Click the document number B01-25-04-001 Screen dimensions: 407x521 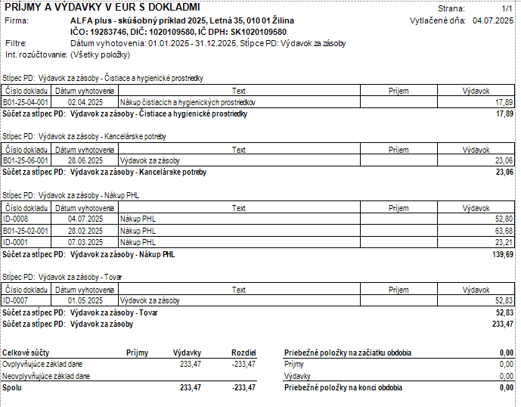click(x=26, y=101)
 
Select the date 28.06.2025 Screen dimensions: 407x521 click(x=85, y=160)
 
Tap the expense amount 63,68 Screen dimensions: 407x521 click(x=504, y=231)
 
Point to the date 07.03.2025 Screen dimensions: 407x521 click(x=85, y=242)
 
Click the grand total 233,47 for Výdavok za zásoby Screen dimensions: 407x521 click(x=502, y=324)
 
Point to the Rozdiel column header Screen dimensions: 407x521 click(x=244, y=353)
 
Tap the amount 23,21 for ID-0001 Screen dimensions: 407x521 click(x=504, y=242)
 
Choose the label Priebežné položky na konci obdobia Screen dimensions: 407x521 click(x=343, y=387)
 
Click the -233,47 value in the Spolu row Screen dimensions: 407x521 click(x=242, y=387)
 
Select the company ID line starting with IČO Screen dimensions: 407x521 click(x=178, y=33)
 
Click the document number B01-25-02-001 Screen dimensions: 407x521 click(x=26, y=231)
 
